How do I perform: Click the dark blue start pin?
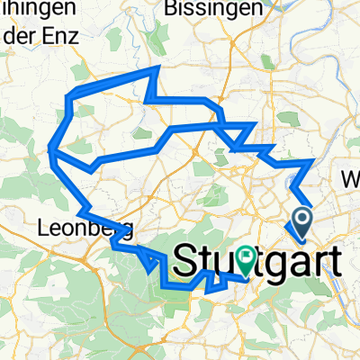(x=300, y=220)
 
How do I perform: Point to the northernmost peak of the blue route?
(x=158, y=67)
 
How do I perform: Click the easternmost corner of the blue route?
(x=313, y=160)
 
